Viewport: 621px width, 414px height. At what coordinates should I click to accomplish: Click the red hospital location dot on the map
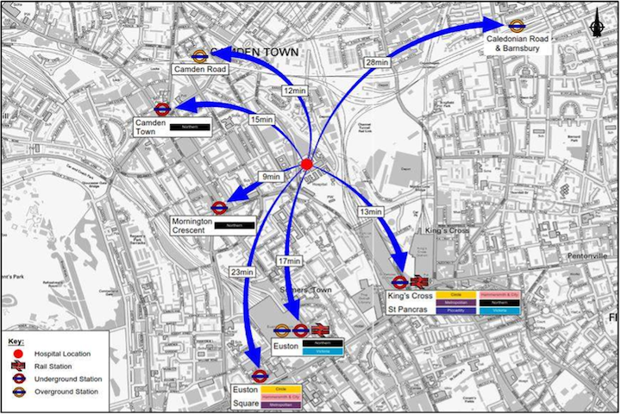(x=307, y=165)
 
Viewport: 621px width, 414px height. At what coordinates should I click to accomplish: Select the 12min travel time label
(x=295, y=91)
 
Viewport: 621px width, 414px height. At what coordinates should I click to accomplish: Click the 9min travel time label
(x=271, y=177)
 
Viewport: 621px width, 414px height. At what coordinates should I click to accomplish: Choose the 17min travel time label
(x=289, y=260)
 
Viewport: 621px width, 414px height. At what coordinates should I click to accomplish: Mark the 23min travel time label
(x=241, y=273)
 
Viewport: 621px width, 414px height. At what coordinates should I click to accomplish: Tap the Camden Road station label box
(x=199, y=69)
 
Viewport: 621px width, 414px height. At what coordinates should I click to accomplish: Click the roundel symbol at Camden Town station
(x=162, y=109)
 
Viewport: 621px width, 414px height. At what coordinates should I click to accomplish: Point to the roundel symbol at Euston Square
(x=260, y=375)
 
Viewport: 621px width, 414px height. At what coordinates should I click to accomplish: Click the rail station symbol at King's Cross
(x=420, y=281)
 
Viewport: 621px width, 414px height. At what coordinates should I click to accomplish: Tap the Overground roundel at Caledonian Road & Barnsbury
(x=517, y=26)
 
